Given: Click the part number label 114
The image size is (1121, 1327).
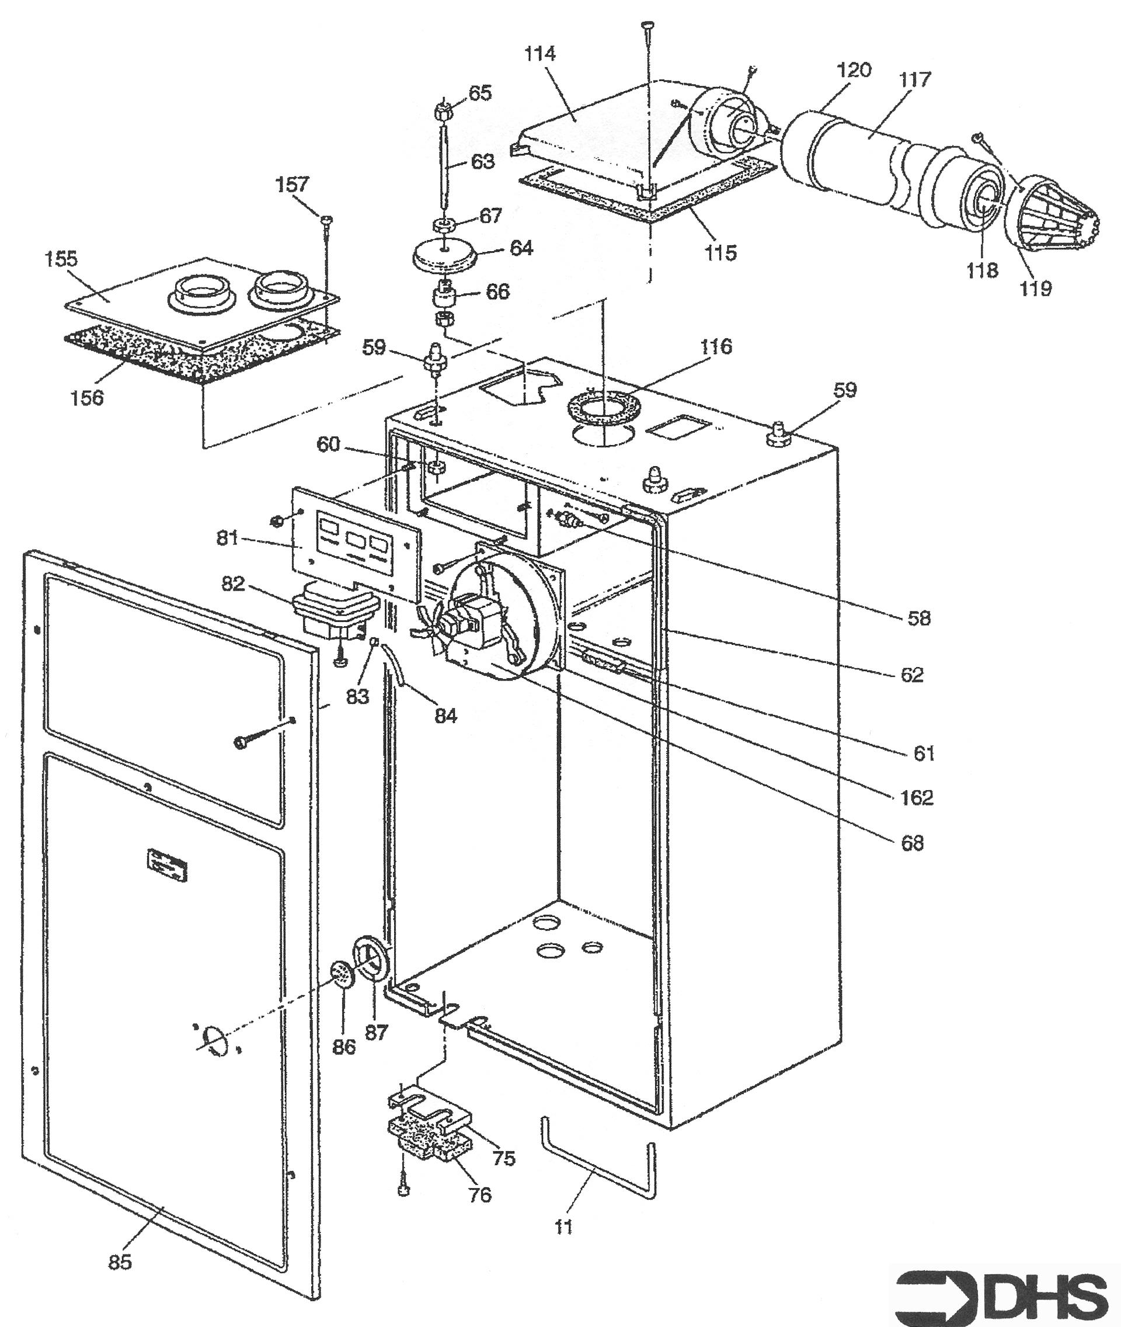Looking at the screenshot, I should pos(540,54).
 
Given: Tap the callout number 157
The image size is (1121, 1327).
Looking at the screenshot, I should pos(293,185).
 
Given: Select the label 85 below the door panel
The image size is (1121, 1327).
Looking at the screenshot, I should pos(120,1262).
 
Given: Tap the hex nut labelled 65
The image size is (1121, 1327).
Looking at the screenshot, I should pos(443,114).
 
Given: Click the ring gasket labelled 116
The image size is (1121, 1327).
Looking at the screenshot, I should pos(603,408).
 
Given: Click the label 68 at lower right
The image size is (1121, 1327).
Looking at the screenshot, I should pos(913,843).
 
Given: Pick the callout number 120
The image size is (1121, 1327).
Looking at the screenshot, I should pos(853,70).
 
